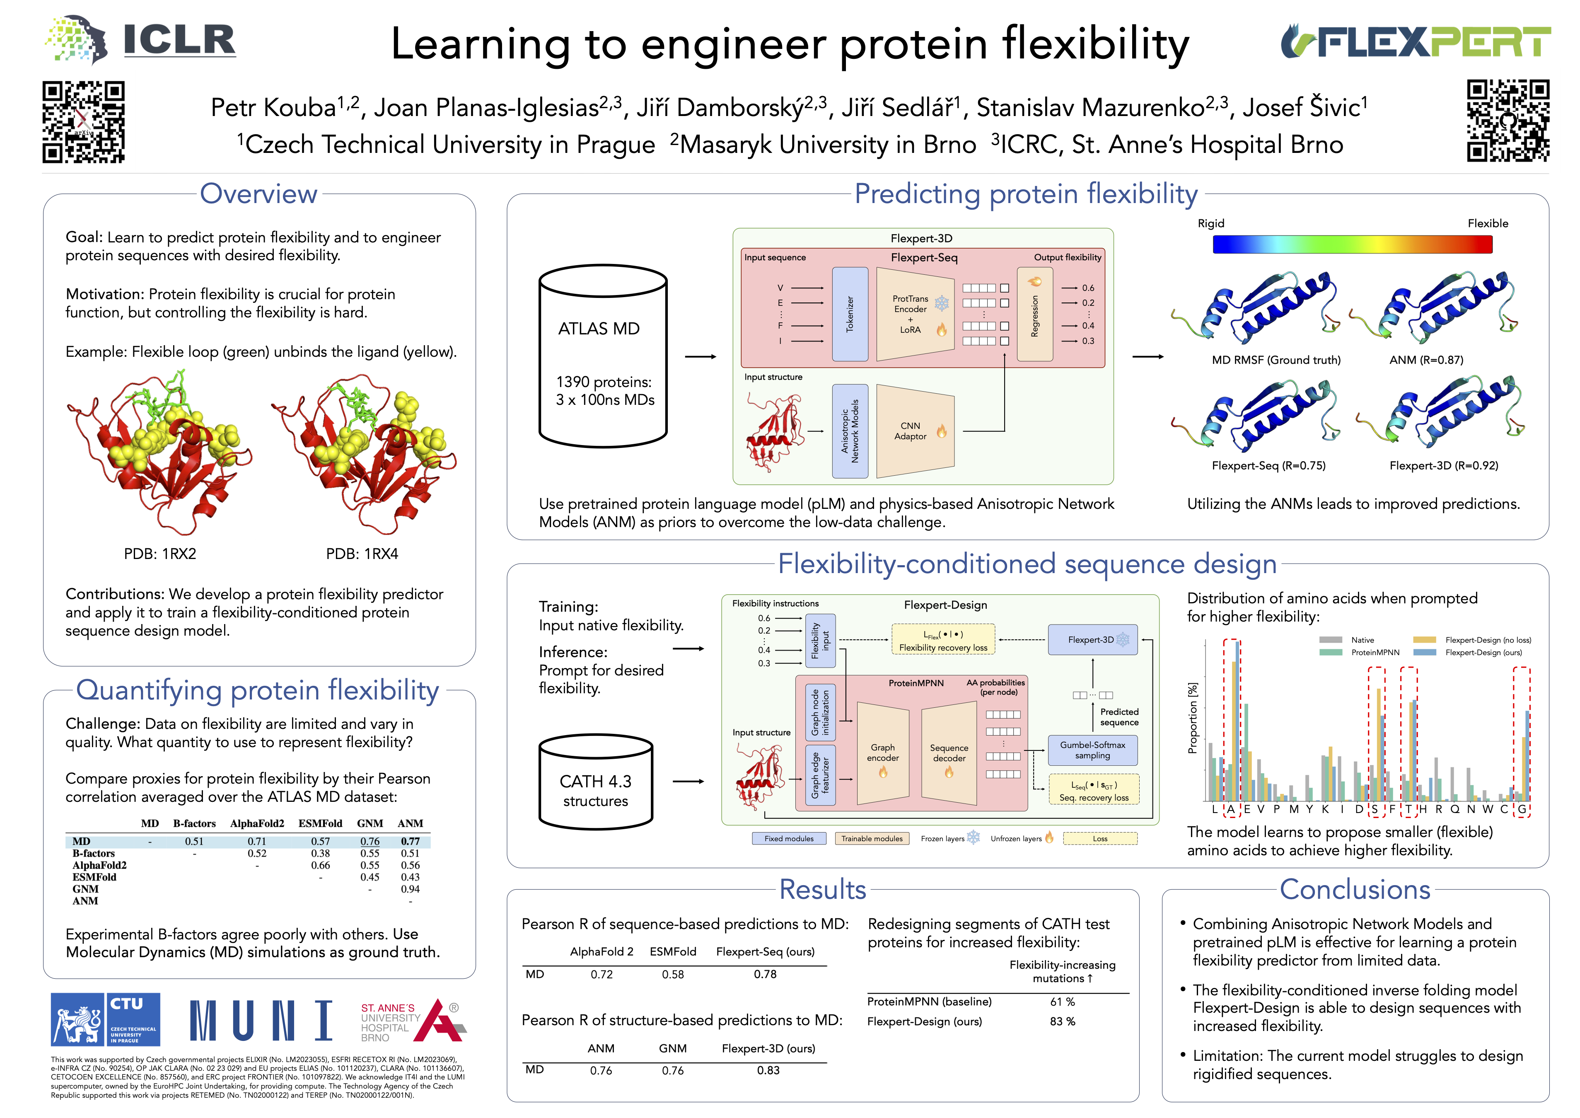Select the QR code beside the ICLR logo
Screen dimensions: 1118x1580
[x=83, y=122]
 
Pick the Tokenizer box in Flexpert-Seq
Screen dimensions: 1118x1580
[x=850, y=314]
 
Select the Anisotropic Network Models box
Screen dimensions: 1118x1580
[x=850, y=431]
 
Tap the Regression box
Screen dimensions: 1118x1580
[x=1034, y=314]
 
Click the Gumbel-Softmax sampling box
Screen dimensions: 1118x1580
[x=1092, y=750]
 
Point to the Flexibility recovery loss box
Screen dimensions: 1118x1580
[x=943, y=640]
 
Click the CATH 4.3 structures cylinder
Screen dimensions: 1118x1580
[x=596, y=782]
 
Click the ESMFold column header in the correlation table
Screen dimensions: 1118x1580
[x=320, y=823]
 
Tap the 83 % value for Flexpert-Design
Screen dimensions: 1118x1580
[x=1062, y=1021]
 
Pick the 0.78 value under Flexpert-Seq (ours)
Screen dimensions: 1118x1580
[x=765, y=974]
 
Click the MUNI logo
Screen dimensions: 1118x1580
[x=261, y=1020]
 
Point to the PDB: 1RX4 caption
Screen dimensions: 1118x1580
[x=362, y=554]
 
